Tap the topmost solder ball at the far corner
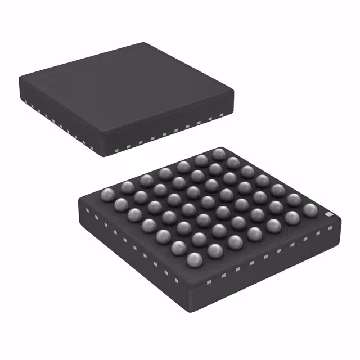coord(219,154)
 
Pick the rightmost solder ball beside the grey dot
coord(310,210)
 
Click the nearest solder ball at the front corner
coord(195,259)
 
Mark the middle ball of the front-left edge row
coord(149,224)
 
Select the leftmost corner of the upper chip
coord(19,77)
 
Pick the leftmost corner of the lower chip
coord(78,200)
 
